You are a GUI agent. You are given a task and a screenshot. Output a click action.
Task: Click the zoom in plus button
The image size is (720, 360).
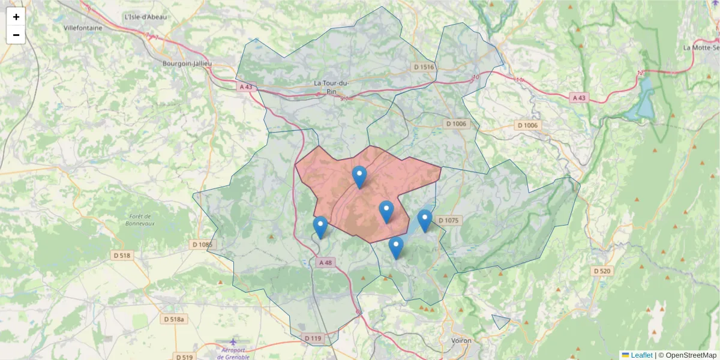[16, 17]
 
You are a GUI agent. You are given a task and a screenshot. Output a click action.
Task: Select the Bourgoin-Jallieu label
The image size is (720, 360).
[187, 63]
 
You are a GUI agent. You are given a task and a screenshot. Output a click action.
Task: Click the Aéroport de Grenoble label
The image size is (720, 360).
[232, 353]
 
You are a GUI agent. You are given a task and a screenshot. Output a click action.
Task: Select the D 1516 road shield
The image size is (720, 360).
[423, 67]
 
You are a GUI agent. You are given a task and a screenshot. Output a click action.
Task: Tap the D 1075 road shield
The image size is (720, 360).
[448, 220]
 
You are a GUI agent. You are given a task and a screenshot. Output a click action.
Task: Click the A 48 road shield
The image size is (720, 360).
[325, 262]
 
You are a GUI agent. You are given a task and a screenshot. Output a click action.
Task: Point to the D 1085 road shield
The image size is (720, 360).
[202, 245]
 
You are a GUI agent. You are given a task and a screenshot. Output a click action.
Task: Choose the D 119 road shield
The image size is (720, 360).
[313, 338]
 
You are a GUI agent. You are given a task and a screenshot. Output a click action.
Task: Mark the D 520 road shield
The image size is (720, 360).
[602, 271]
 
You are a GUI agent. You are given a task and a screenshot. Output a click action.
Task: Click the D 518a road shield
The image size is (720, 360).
[175, 320]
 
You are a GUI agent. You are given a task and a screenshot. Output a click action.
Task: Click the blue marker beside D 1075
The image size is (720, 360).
[425, 220]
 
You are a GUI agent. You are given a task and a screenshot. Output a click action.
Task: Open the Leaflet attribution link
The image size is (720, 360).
[641, 355]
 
